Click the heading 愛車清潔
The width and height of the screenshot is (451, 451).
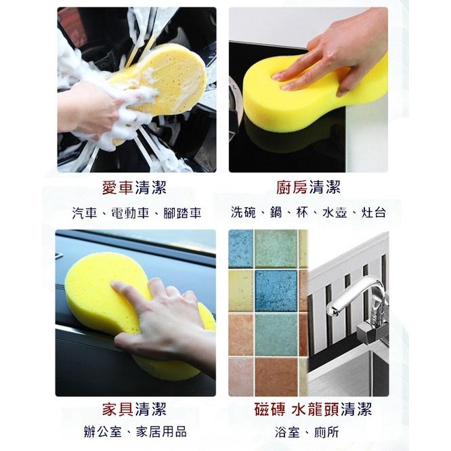click(x=134, y=188)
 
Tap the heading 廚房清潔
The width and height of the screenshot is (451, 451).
click(x=308, y=188)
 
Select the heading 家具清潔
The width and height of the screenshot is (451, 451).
click(x=134, y=409)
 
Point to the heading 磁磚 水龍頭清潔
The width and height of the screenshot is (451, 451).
click(x=313, y=409)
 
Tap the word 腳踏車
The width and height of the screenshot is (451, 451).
click(x=182, y=213)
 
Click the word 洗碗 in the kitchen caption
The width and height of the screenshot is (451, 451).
click(x=243, y=212)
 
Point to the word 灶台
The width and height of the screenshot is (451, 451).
click(x=373, y=212)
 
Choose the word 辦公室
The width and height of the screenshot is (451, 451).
click(x=103, y=432)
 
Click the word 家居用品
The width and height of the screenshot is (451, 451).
click(x=161, y=432)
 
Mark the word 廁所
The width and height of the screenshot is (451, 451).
click(x=326, y=432)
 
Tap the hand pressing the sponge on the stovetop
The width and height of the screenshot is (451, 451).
click(x=330, y=55)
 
